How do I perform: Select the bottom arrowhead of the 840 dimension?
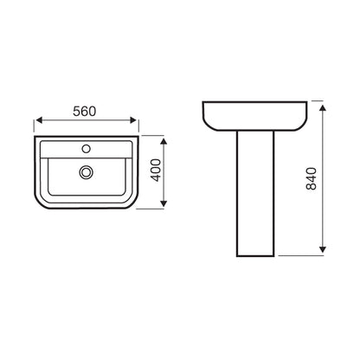pos(324,254)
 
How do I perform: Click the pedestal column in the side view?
pos(254,199)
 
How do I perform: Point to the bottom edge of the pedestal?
pos(254,257)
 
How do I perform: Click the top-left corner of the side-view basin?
pos(204,101)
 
